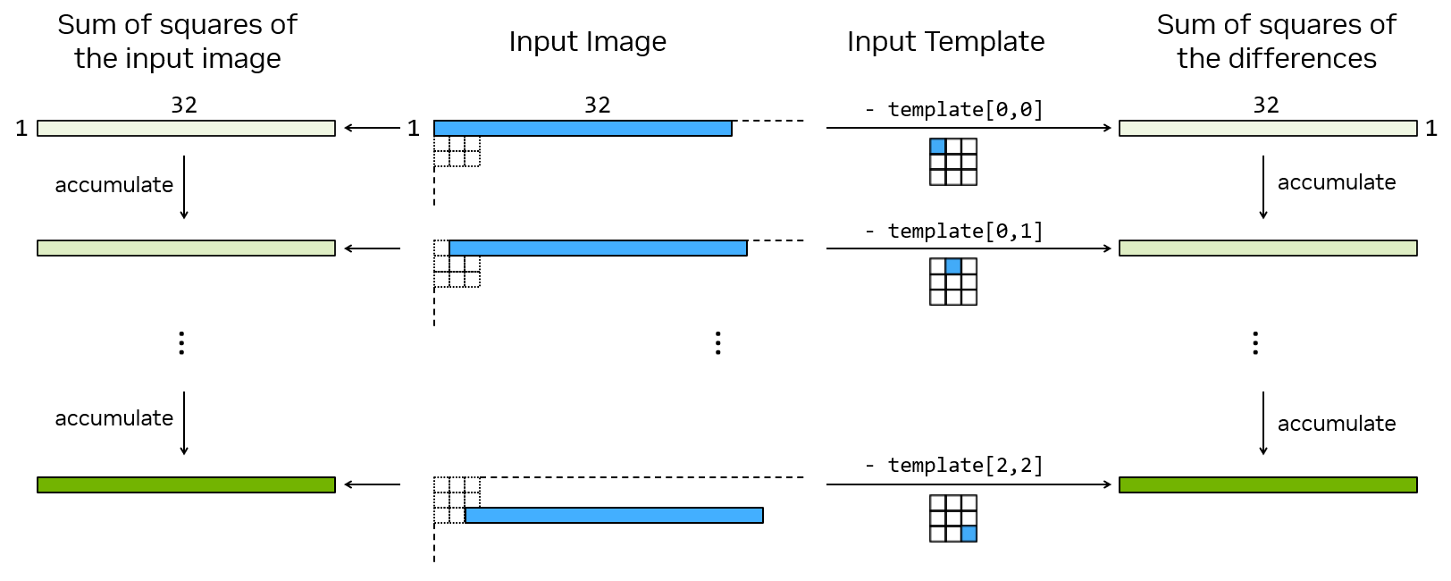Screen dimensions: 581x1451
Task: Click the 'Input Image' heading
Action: click(x=587, y=42)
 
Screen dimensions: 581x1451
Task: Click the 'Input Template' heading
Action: click(x=945, y=42)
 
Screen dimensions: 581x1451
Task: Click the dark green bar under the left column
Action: click(x=186, y=484)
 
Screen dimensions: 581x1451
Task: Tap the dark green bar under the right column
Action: click(x=1268, y=484)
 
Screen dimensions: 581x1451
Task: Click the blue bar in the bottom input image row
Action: click(x=614, y=515)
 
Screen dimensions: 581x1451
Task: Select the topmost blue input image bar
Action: click(x=583, y=129)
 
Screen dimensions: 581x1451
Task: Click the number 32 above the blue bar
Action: click(x=597, y=105)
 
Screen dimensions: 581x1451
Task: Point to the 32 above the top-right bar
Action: click(x=1265, y=105)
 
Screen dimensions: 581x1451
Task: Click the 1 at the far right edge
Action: click(x=1430, y=129)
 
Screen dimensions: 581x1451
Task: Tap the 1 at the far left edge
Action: click(x=21, y=129)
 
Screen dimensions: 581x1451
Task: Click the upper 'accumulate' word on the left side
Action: click(x=113, y=185)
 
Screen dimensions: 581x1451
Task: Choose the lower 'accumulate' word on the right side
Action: click(x=1336, y=424)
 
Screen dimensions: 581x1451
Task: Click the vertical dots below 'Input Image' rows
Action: click(x=717, y=343)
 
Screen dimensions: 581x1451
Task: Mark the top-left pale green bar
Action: click(x=186, y=129)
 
